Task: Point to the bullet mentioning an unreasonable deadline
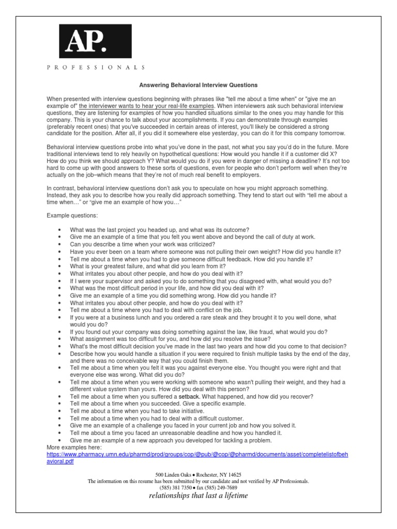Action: tap(176, 432)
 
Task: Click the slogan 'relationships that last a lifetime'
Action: tap(198, 495)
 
